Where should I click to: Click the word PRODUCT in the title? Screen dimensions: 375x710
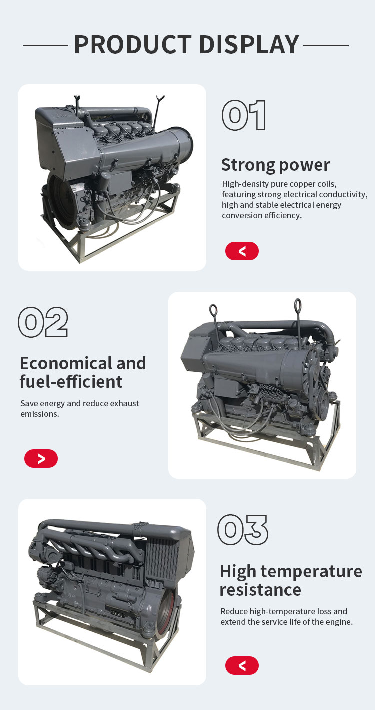tap(133, 44)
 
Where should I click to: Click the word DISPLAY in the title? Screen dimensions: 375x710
tap(249, 44)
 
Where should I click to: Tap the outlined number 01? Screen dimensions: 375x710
tap(244, 115)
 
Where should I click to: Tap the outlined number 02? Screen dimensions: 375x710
tap(43, 322)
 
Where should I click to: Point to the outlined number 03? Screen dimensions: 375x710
tap(242, 530)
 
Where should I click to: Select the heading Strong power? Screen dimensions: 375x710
tap(275, 165)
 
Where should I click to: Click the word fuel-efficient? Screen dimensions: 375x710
tap(71, 382)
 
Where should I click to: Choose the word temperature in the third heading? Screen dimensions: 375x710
tap(311, 572)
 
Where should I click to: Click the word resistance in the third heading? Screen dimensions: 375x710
tap(260, 590)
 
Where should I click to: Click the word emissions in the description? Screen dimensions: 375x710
tap(40, 414)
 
